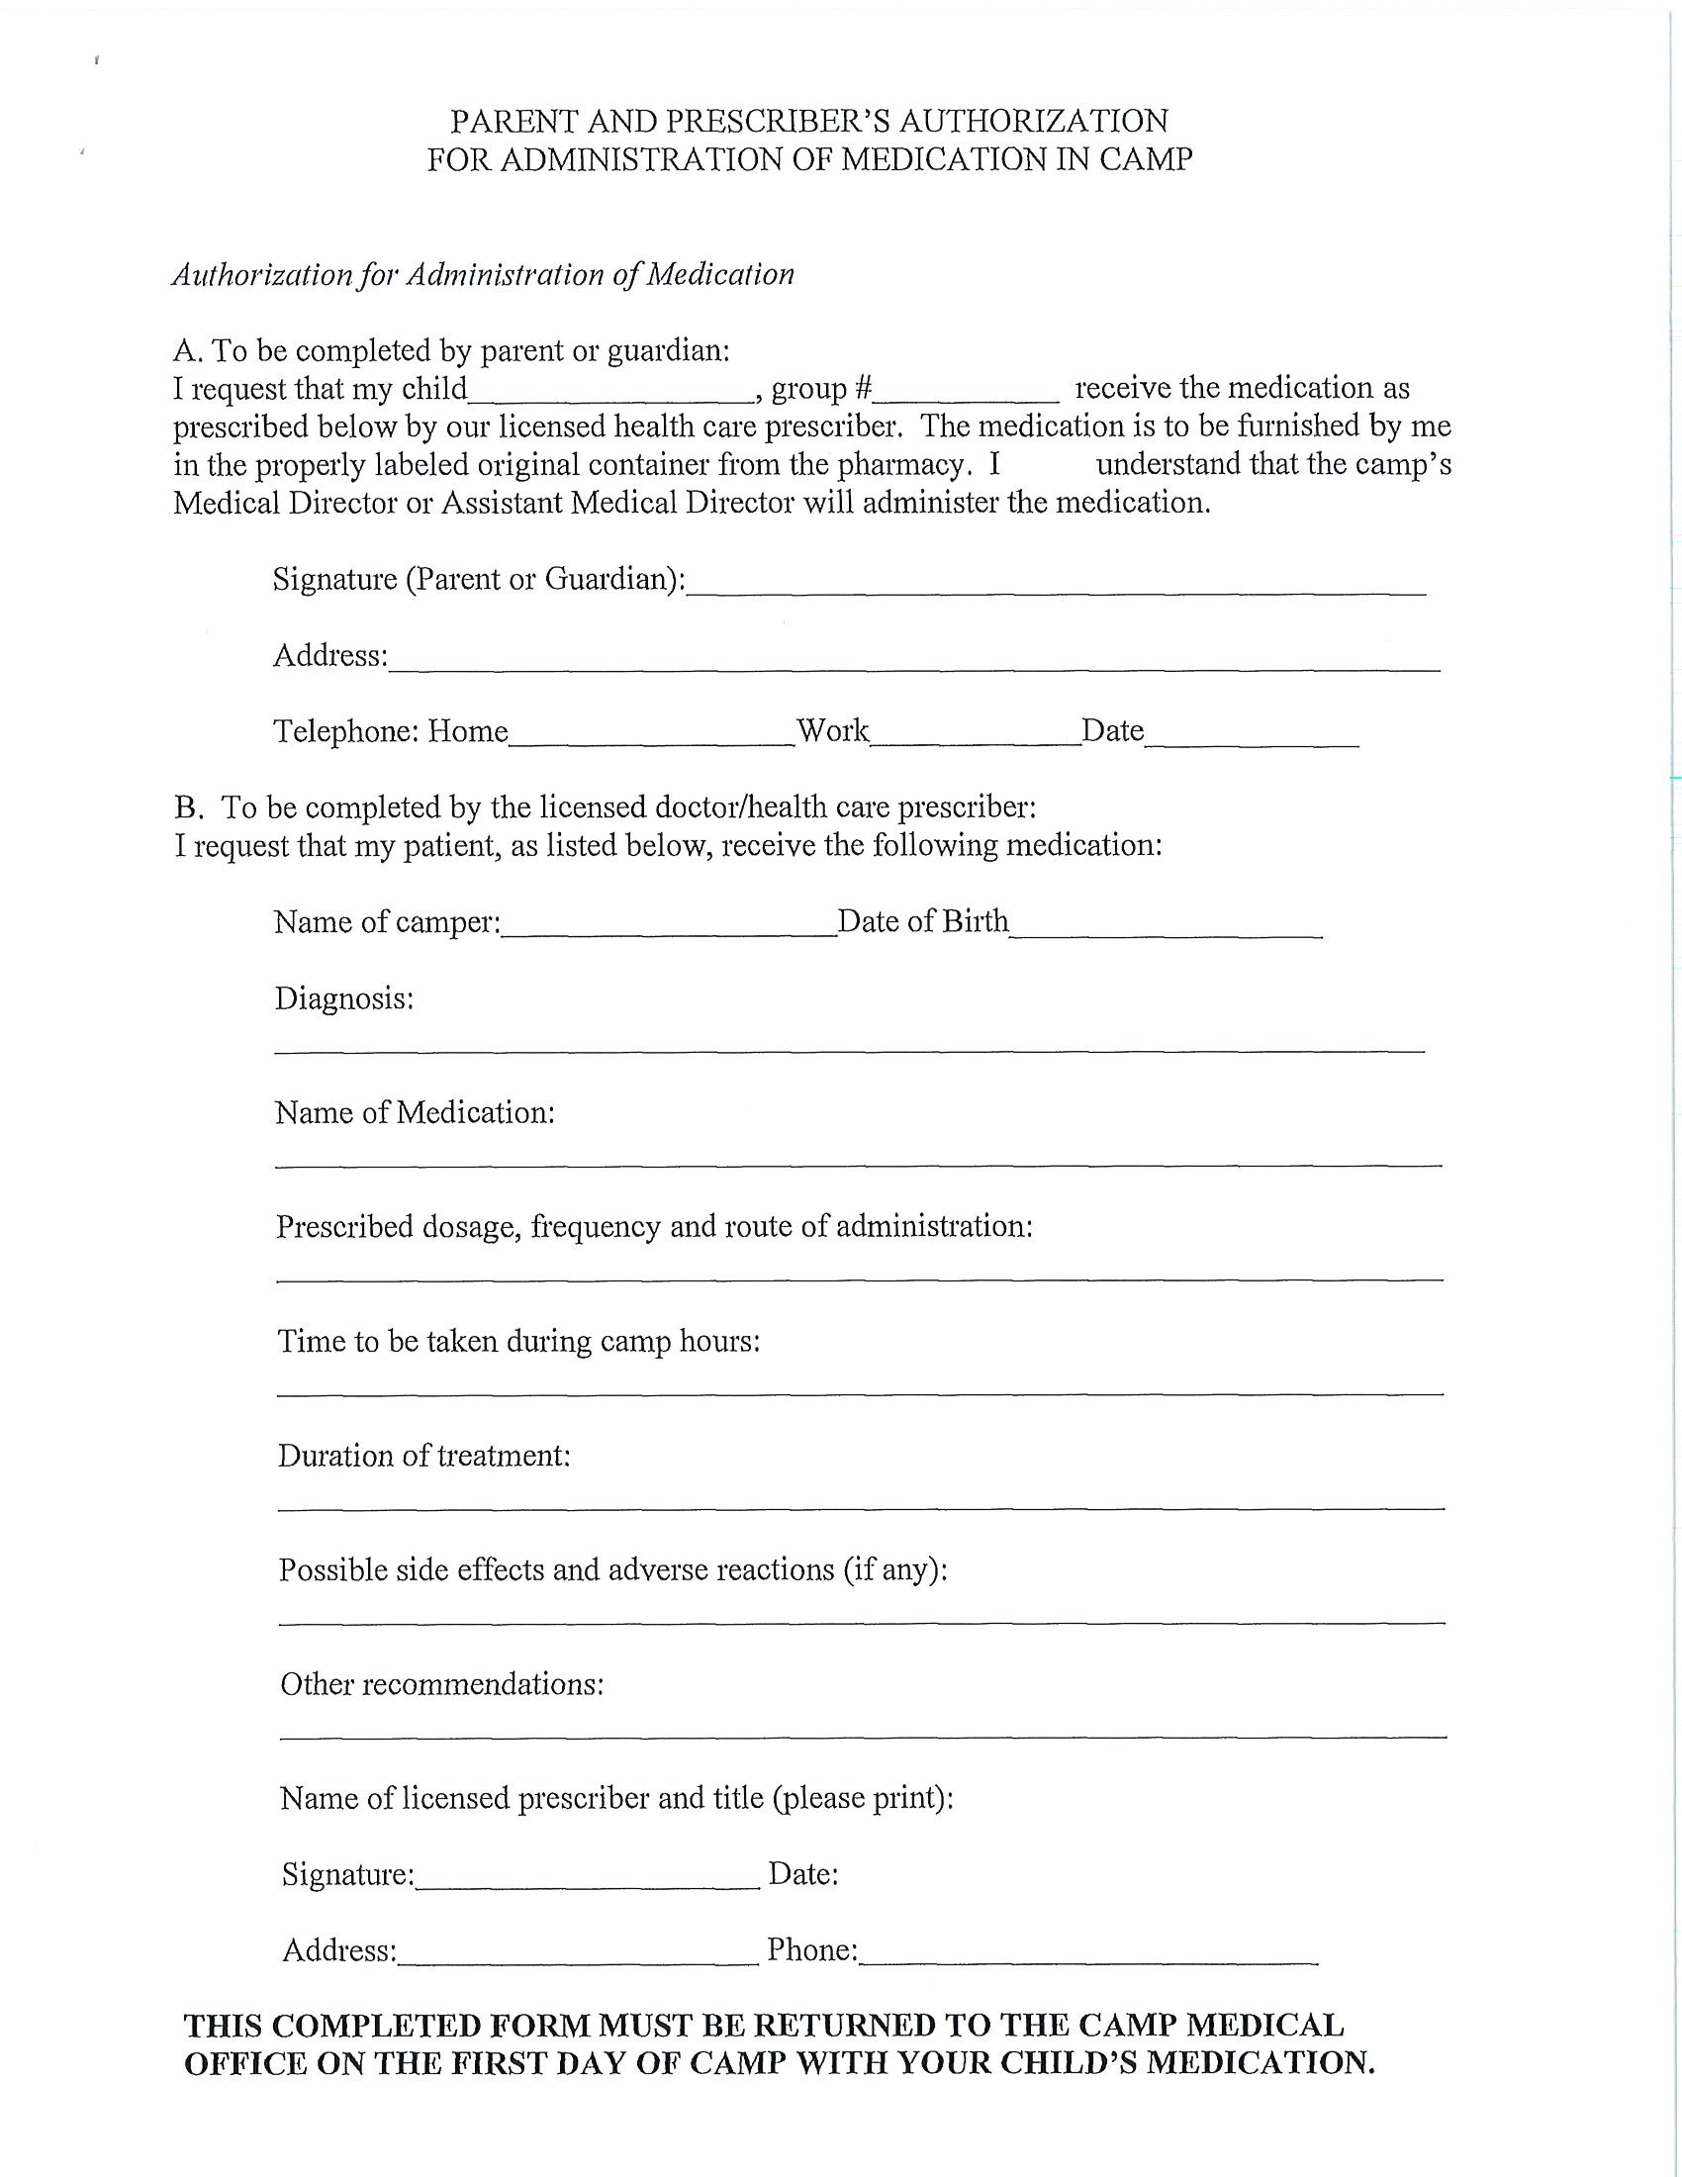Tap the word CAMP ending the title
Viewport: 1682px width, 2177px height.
[x=1146, y=159]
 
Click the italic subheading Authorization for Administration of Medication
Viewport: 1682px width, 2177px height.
[x=483, y=275]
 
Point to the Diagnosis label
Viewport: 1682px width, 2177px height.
[x=343, y=998]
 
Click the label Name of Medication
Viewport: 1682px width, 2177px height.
[x=415, y=1112]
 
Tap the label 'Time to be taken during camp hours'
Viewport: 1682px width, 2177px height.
[x=518, y=1342]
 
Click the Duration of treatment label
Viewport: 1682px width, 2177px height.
[x=423, y=1457]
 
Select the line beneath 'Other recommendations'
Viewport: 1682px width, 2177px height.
[x=863, y=1736]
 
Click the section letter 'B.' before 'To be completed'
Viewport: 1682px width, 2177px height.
[x=187, y=806]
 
